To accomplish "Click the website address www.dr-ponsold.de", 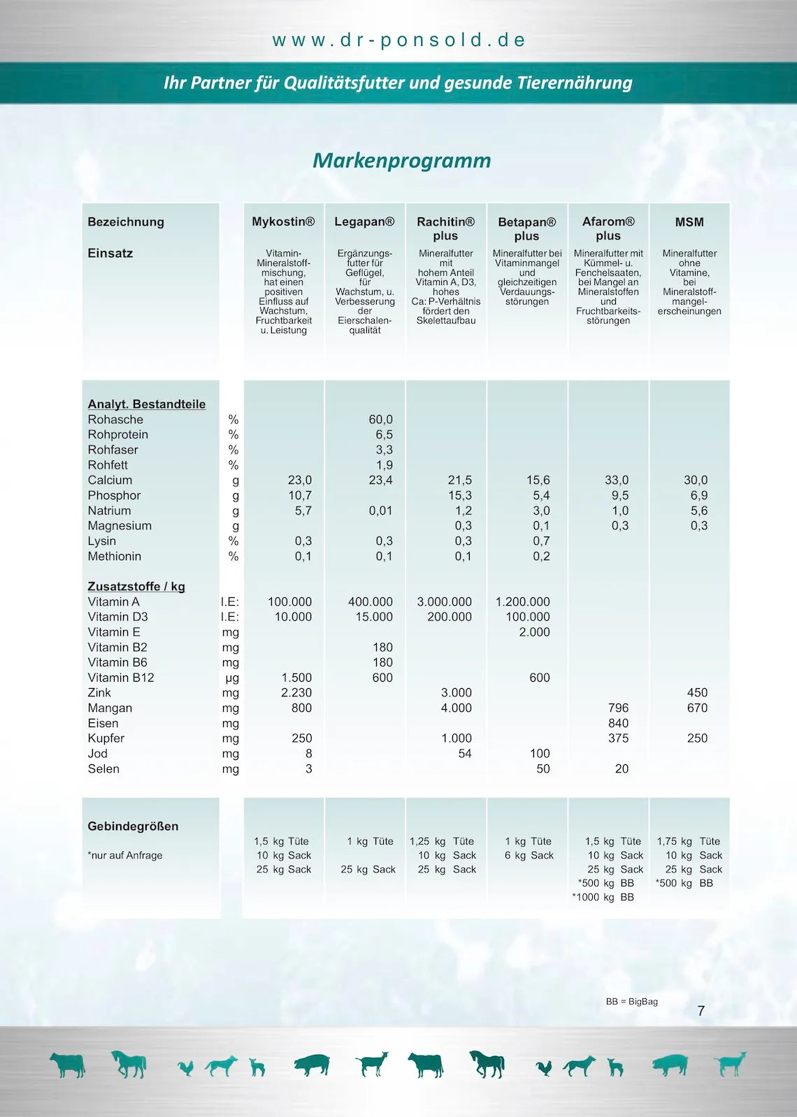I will tap(398, 40).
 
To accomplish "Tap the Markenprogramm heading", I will tap(401, 161).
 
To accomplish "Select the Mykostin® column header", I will tap(283, 222).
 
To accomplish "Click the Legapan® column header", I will tap(364, 222).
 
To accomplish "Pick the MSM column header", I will tap(689, 222).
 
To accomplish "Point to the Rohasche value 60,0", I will tap(380, 420).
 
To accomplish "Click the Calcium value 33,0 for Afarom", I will tap(617, 481).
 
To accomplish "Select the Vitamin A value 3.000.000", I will tap(444, 602).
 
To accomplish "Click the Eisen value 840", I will tap(618, 724).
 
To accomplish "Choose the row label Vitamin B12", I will tap(121, 678).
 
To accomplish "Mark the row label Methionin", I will tap(115, 557).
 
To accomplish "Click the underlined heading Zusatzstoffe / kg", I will tap(136, 587).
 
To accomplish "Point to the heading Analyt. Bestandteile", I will tap(147, 404).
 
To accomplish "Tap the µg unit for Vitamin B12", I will tap(232, 678).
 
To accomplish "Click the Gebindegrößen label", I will tap(133, 826).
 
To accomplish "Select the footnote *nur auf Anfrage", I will tap(125, 856).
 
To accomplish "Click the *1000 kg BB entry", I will tap(603, 898).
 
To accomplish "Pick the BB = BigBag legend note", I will tap(631, 1002).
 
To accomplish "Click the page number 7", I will tap(701, 1012).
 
